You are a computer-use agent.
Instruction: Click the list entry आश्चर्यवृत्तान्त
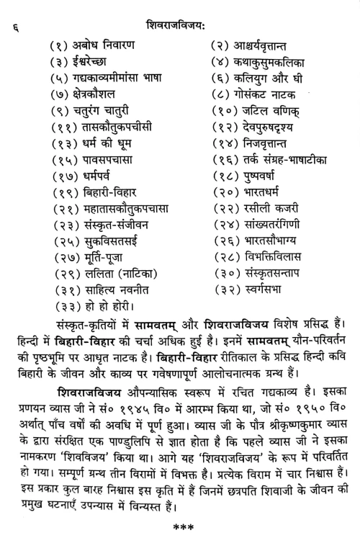pos(274,47)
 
